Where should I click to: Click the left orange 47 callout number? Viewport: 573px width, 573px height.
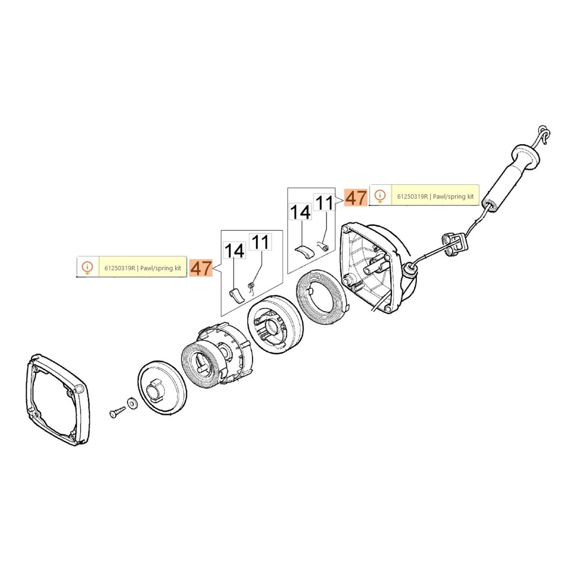tap(201, 268)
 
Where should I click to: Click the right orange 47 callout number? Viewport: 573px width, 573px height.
tap(356, 198)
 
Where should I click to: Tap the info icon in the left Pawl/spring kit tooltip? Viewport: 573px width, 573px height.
tap(87, 268)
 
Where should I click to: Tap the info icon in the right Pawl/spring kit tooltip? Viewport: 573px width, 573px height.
tap(380, 196)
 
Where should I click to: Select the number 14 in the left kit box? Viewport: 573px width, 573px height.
tap(234, 250)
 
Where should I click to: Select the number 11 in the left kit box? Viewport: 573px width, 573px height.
tap(260, 242)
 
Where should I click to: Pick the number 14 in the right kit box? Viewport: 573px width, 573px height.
tap(300, 212)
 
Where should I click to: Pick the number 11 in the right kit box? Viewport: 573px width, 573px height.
tap(324, 203)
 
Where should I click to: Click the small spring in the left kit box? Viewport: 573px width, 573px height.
tap(251, 286)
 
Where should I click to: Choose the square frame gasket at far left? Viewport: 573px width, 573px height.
tap(57, 400)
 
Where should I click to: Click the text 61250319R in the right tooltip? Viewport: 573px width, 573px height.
tap(412, 197)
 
